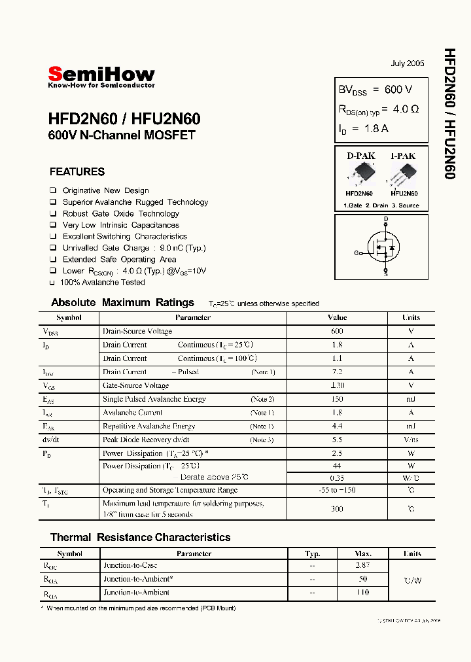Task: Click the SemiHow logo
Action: [x=101, y=75]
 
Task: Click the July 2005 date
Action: [x=407, y=63]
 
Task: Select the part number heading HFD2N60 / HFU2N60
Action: [x=124, y=120]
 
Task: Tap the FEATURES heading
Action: [x=77, y=172]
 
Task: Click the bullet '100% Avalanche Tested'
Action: [x=102, y=283]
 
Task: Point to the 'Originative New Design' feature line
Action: [x=105, y=190]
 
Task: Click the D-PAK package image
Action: [x=359, y=175]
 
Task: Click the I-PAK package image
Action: [x=404, y=175]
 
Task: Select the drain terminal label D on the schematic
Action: [x=386, y=219]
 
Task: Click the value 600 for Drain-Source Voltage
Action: [x=337, y=331]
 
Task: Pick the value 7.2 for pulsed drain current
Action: [x=337, y=372]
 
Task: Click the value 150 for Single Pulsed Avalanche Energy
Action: [x=337, y=399]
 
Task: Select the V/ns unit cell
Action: [x=411, y=440]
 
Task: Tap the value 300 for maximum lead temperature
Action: [x=337, y=508]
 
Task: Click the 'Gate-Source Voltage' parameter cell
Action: [x=136, y=385]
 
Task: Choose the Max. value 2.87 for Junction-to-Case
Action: [x=363, y=565]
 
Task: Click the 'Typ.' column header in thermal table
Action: [x=313, y=553]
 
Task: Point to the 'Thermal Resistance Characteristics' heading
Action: [x=141, y=537]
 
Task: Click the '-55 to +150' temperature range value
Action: [x=337, y=490]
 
